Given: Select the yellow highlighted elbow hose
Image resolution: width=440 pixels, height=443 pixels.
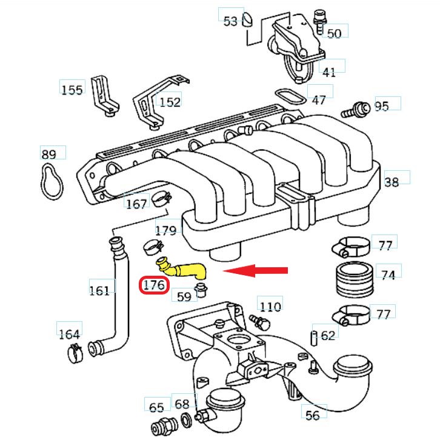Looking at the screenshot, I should pyautogui.click(x=181, y=269).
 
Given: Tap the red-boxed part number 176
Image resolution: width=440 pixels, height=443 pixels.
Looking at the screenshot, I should pyautogui.click(x=155, y=285).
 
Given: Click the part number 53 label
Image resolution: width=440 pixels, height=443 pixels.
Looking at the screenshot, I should pyautogui.click(x=230, y=22).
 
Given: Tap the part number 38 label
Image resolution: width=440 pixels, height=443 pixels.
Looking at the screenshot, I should pyautogui.click(x=392, y=181).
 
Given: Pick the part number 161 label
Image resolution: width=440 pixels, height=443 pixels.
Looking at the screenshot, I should pyautogui.click(x=99, y=290).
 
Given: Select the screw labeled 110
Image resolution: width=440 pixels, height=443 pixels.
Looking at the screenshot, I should pyautogui.click(x=258, y=320).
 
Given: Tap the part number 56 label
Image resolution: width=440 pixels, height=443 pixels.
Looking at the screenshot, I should pyautogui.click(x=313, y=415).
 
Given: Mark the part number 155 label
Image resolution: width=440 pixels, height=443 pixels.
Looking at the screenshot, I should pyautogui.click(x=72, y=90).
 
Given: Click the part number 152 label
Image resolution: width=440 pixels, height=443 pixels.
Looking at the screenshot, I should pyautogui.click(x=170, y=101).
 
